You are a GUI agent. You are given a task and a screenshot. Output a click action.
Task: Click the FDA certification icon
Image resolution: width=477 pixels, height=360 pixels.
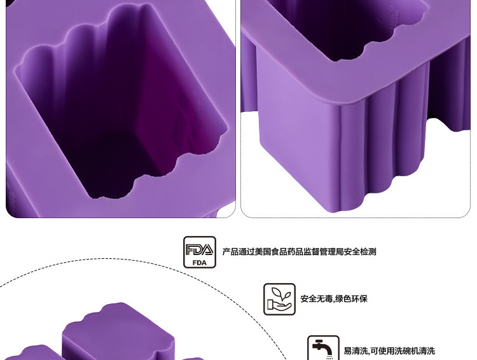(200, 252)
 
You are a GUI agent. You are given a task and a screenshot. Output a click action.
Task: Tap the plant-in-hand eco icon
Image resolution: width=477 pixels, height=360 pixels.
(280, 299)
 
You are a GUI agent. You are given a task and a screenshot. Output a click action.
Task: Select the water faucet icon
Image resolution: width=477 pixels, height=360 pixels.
(323, 349)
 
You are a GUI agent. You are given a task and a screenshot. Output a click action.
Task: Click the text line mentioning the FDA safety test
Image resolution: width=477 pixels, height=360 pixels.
(299, 252)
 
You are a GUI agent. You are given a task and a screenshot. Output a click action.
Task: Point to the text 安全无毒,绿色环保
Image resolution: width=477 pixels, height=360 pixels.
(334, 299)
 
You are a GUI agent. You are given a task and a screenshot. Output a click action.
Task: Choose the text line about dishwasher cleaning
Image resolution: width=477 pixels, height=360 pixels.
(389, 351)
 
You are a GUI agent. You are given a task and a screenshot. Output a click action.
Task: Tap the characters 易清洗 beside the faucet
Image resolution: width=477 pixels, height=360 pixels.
(356, 351)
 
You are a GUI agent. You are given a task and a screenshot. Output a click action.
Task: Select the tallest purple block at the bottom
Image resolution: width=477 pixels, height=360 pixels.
(118, 334)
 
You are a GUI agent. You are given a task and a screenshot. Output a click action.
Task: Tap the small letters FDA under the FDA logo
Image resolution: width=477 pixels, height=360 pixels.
(200, 262)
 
